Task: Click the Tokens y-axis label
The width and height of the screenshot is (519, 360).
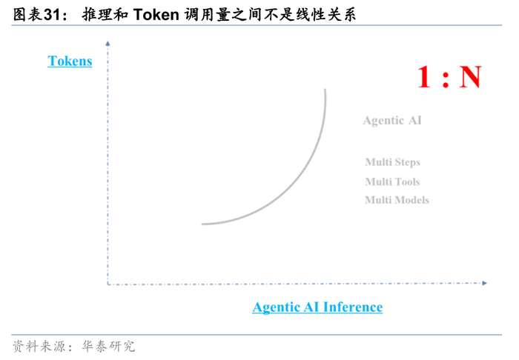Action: coord(70,61)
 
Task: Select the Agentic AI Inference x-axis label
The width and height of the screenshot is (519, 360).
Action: coord(317,307)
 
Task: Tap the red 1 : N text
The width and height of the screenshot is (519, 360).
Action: coord(449,77)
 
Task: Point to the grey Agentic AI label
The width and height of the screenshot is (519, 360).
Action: coord(392,120)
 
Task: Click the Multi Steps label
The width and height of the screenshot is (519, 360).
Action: coord(392,162)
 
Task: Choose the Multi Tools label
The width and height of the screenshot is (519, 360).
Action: coord(392,181)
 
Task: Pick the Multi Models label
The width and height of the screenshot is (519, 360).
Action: coord(397,200)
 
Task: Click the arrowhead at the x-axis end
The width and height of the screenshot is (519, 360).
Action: coord(484,283)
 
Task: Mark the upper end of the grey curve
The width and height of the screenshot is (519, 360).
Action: coord(325,90)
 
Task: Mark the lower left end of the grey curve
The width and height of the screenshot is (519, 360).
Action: coord(202,223)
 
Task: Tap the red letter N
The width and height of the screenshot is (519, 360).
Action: coord(469,77)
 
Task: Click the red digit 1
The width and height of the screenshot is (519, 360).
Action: coord(424,77)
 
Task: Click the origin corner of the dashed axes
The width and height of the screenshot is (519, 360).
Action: coord(108,283)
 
